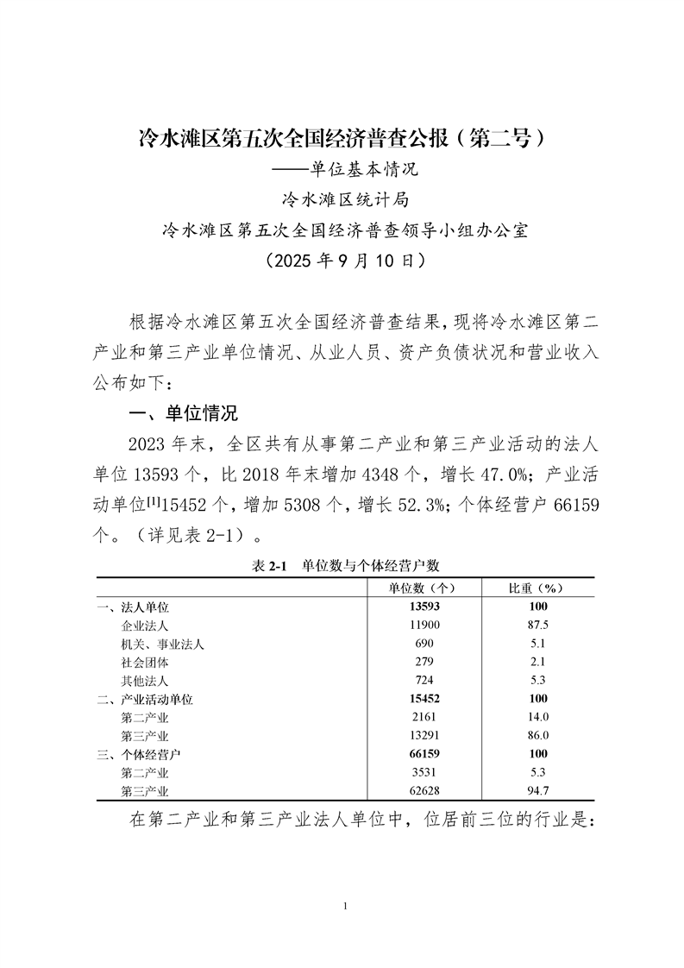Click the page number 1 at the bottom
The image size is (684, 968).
pyautogui.click(x=344, y=905)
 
